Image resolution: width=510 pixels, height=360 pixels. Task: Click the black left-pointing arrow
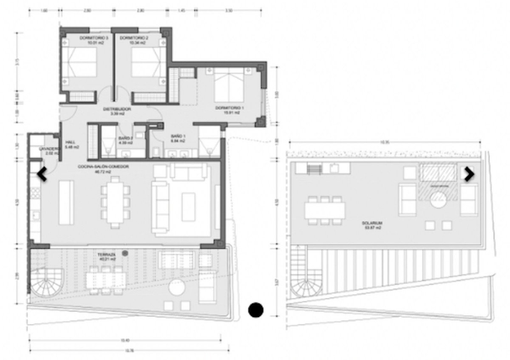coord(42,174)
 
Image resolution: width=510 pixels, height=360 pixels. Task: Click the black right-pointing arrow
coord(469,174)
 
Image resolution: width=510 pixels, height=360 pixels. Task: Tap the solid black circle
coord(256,310)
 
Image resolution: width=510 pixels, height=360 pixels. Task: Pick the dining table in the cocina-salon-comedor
coord(116,202)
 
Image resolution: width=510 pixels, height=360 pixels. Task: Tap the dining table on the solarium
coord(325,210)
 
